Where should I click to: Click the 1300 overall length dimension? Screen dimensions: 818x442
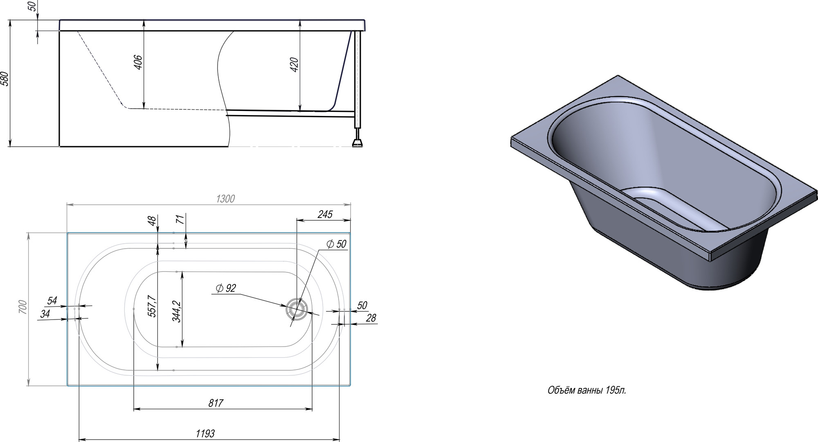tap(225, 199)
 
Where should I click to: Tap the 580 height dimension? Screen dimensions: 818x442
tap(5, 79)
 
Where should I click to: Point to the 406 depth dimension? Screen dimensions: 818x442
tap(138, 62)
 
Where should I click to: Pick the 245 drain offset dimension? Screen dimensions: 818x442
tap(325, 214)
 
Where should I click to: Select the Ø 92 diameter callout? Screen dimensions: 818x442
tap(226, 288)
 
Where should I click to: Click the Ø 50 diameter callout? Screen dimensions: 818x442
tap(337, 244)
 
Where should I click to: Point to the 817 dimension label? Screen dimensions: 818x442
tap(216, 403)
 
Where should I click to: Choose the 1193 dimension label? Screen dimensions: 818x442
tap(205, 433)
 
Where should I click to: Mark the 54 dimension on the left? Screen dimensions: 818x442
tap(52, 301)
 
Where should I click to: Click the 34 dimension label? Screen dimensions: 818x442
tap(45, 314)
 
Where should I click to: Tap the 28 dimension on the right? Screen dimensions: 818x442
tap(371, 318)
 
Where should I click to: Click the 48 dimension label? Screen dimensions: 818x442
tap(152, 221)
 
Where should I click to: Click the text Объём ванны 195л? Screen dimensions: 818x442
tap(587, 390)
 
